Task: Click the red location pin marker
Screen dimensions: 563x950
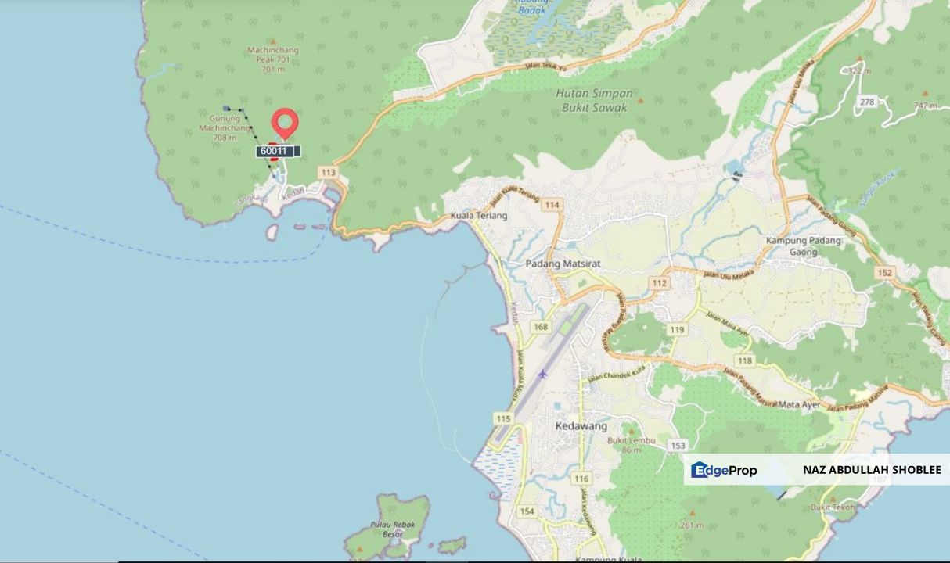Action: pos(285,124)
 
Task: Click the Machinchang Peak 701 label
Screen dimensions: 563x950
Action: pos(273,59)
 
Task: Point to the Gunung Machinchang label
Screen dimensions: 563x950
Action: pos(225,127)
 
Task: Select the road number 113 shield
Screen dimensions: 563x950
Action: pos(328,172)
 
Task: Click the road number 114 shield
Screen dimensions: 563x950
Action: pos(552,205)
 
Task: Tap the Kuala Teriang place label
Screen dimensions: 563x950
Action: pos(478,216)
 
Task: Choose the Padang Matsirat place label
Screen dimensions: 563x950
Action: pos(563,264)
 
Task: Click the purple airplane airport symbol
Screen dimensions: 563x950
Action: pos(542,373)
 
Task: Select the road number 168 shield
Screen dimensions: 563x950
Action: pos(541,326)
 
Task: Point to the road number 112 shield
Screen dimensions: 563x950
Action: pos(659,282)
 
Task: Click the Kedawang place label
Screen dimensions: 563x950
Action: pos(581,426)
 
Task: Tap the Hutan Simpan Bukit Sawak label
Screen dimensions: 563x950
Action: pos(594,100)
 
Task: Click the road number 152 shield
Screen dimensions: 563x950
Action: pos(884,272)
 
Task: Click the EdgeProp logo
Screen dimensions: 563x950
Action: pos(724,470)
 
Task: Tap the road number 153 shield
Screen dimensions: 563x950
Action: pos(677,445)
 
